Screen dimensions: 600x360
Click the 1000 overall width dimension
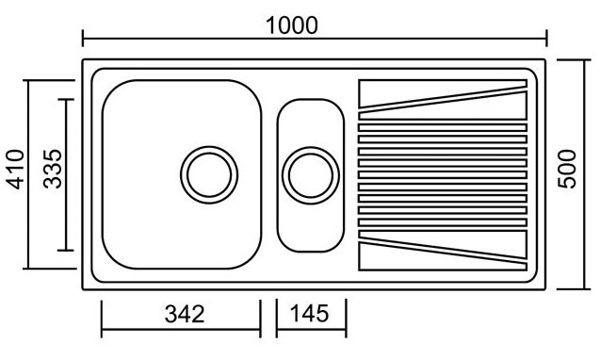click(292, 25)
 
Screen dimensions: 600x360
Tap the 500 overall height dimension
click(567, 169)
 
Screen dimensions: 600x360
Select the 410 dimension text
click(16, 170)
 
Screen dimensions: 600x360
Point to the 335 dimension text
click(53, 169)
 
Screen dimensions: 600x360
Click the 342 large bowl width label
click(185, 314)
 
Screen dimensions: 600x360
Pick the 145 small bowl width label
click(309, 313)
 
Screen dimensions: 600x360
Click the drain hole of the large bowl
click(209, 174)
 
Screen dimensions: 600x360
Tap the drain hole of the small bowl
click(311, 175)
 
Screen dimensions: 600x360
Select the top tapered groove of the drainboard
click(443, 99)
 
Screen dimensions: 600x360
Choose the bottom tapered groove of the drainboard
click(443, 251)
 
